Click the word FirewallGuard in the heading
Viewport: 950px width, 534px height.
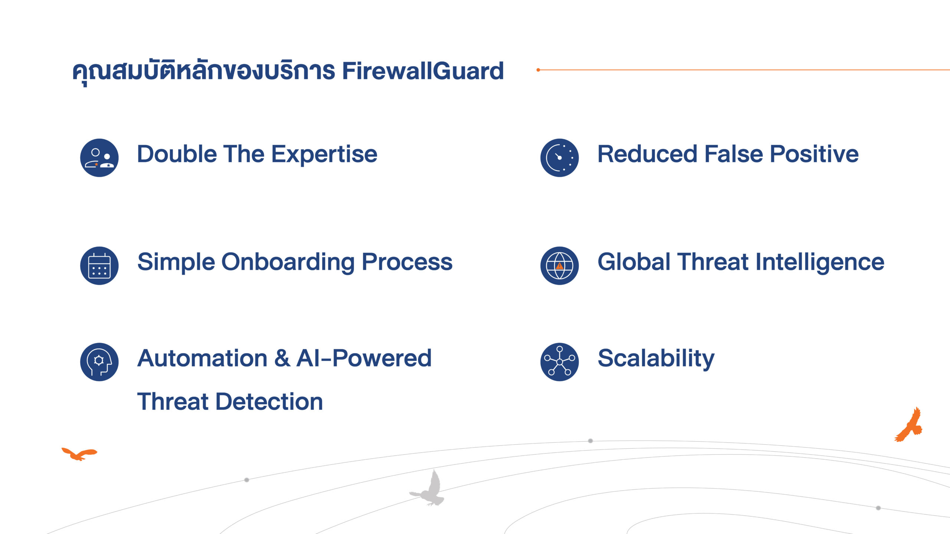(423, 71)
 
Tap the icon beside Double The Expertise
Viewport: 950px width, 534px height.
(99, 158)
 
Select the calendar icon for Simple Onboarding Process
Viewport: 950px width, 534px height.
(99, 266)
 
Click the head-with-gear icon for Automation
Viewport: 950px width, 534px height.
(99, 362)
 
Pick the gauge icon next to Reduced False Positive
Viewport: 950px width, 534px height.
(560, 158)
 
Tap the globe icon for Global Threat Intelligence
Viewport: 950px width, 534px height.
(560, 266)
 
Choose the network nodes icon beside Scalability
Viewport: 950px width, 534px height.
(560, 362)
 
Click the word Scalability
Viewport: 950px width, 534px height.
(656, 359)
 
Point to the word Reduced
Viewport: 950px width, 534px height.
(648, 154)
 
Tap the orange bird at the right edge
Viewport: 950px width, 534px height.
(909, 425)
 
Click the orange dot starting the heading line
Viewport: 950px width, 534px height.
(538, 70)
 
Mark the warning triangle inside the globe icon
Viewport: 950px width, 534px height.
(560, 266)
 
